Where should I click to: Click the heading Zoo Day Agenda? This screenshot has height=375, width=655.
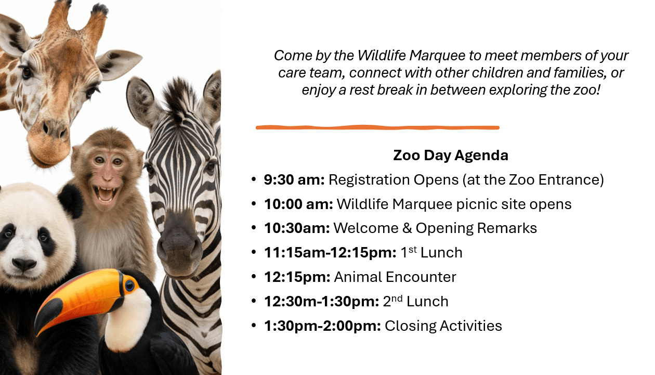point(451,155)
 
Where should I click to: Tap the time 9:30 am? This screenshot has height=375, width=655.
point(294,179)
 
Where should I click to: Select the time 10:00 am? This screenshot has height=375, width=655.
point(298,204)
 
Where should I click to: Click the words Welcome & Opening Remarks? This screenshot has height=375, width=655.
point(435,228)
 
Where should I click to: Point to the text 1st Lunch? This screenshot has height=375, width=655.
point(431,252)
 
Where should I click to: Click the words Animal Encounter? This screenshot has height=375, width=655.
point(395,277)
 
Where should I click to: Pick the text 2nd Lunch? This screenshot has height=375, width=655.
point(415,301)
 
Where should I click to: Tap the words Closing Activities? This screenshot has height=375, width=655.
point(443,326)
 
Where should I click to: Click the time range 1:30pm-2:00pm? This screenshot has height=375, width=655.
point(322,326)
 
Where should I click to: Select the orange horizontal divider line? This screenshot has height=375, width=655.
point(377,127)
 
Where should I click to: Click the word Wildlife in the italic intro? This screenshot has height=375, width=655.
point(382,55)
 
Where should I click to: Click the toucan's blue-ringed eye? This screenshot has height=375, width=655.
point(129,286)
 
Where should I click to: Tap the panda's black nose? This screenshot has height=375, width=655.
point(24,264)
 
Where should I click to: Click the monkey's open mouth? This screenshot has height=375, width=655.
point(105,195)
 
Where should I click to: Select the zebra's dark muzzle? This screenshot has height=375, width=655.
point(179,244)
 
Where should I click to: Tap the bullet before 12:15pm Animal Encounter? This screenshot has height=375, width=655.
point(254,276)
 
